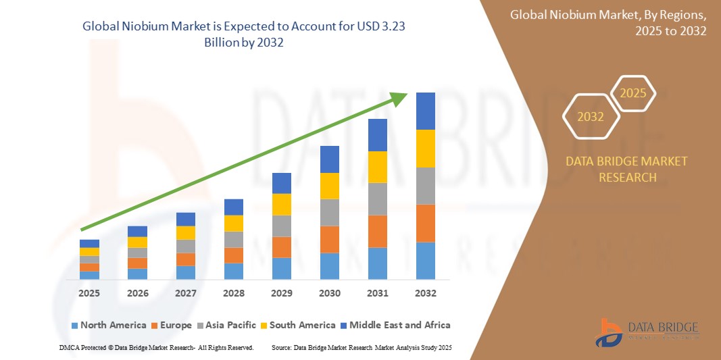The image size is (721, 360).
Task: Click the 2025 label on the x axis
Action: [89, 293]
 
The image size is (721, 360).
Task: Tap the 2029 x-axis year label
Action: [282, 293]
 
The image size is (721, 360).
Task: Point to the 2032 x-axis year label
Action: [426, 293]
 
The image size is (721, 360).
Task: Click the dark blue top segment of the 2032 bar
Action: [425, 111]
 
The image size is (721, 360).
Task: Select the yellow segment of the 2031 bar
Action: [377, 167]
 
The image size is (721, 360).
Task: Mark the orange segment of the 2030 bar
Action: [329, 239]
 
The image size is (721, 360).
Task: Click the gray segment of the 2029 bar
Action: [282, 226]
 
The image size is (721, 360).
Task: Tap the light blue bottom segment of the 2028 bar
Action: [233, 271]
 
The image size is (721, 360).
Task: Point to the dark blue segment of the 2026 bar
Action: [137, 231]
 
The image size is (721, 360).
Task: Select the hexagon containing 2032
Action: [591, 117]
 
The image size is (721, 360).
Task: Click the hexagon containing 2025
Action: [633, 93]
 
